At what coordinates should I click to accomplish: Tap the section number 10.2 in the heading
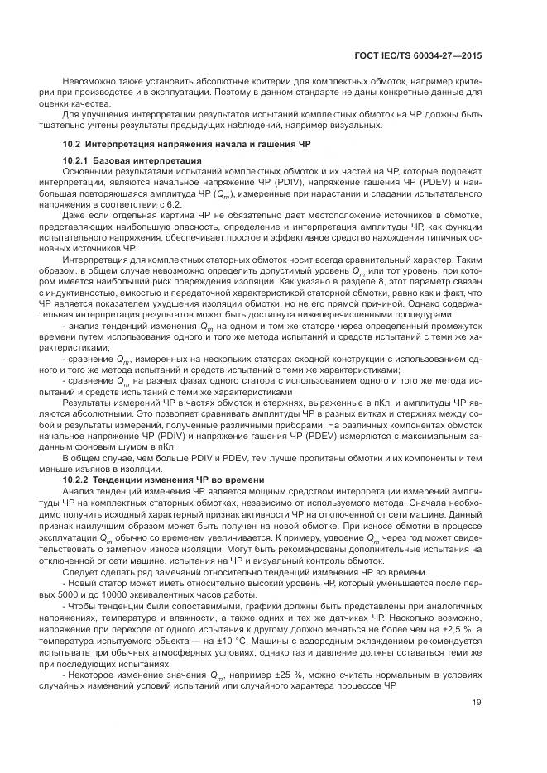(70, 144)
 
